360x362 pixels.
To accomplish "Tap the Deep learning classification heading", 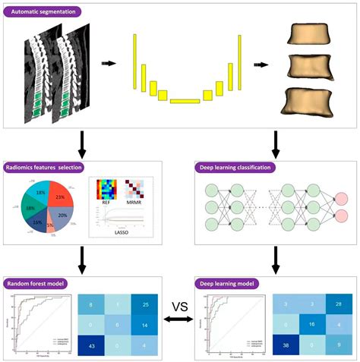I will (x=239, y=167).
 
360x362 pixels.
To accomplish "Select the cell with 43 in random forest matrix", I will (x=91, y=345).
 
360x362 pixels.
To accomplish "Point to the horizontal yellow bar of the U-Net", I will (x=185, y=101).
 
